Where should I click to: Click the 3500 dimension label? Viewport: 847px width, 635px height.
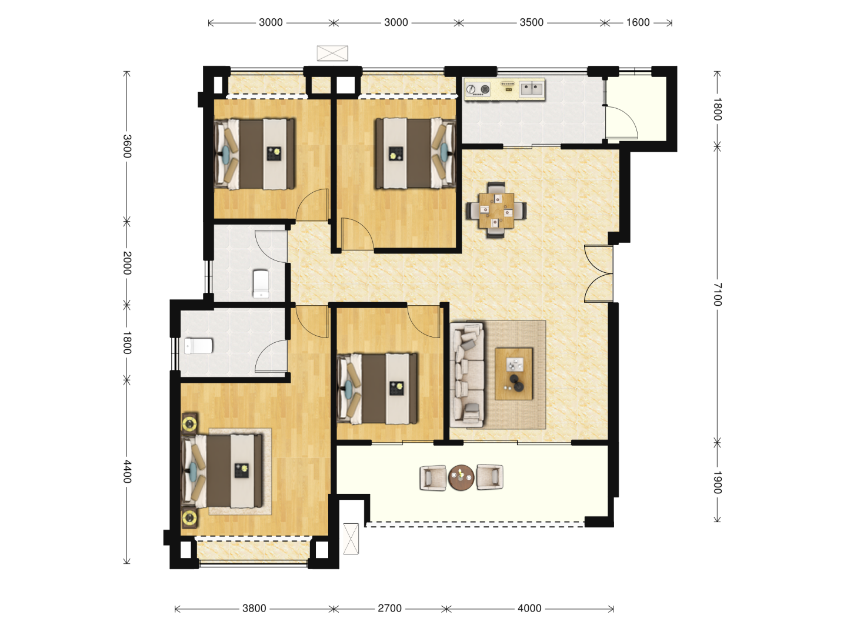(531, 22)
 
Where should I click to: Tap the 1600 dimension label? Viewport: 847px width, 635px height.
(638, 22)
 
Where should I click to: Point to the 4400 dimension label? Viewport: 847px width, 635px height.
(127, 472)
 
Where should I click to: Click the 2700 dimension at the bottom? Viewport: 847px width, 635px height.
(390, 609)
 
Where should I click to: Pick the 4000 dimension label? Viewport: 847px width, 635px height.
(529, 609)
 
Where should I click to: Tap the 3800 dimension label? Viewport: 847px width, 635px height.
(254, 609)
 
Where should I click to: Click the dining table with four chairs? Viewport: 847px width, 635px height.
(496, 210)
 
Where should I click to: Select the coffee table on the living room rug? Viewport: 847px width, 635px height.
(514, 373)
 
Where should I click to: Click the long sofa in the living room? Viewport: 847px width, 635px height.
(467, 375)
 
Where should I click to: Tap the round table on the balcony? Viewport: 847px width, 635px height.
(461, 477)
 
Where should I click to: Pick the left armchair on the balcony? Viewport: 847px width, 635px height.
(433, 477)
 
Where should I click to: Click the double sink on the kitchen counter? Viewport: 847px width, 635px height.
(532, 89)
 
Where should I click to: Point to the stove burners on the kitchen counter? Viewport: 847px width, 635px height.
(478, 89)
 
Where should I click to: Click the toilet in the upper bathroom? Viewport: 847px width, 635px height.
(261, 283)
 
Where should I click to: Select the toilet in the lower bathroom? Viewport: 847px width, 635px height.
(198, 346)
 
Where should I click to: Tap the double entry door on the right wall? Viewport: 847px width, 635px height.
(599, 273)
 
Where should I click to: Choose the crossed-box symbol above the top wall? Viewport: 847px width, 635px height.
(332, 53)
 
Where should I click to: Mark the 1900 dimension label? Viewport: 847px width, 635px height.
(717, 482)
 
